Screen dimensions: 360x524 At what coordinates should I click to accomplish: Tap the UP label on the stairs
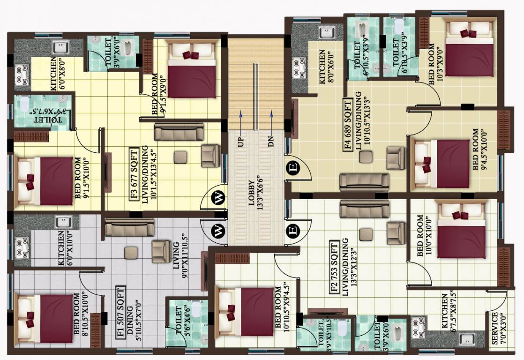241,140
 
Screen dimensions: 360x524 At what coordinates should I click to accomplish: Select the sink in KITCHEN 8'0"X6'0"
327,32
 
